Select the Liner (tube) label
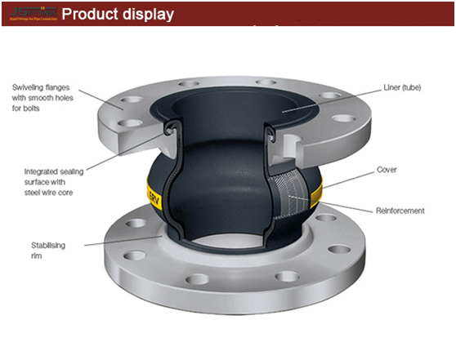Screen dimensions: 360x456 (401, 87)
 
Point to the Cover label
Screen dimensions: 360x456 (387, 170)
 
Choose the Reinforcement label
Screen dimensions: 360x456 (400, 211)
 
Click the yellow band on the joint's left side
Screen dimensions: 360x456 (153, 197)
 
